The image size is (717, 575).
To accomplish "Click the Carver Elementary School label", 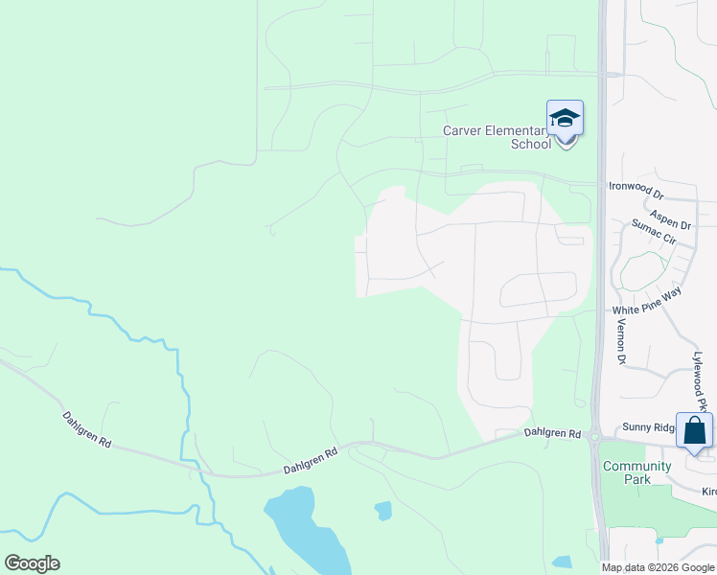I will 497,137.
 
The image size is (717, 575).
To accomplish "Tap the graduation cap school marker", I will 565,119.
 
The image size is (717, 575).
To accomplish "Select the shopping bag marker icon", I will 694,430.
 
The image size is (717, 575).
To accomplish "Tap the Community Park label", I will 625,472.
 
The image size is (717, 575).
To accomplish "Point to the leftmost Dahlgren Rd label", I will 87,433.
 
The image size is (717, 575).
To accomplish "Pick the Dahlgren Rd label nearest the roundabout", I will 553,434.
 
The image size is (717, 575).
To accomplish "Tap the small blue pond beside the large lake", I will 383,511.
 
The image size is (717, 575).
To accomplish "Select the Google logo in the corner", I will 32,563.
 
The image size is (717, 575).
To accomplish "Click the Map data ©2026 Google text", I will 658,567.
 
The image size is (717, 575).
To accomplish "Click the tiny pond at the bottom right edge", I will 563,563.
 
